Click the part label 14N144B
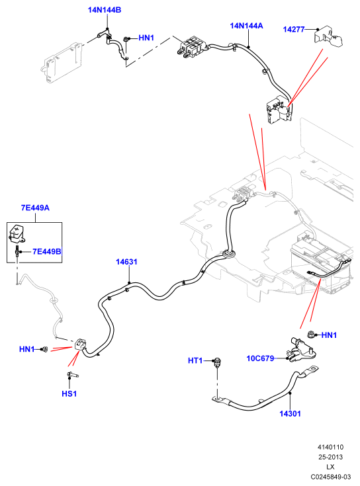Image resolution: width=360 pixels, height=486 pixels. (x=105, y=10)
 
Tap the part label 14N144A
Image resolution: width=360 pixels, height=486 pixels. (x=246, y=26)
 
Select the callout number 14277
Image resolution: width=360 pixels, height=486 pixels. (x=294, y=30)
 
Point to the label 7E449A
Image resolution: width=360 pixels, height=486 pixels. (x=35, y=208)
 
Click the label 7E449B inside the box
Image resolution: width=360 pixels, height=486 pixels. (x=47, y=251)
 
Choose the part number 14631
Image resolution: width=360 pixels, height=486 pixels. (x=126, y=262)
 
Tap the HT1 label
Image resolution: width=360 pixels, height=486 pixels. (x=195, y=360)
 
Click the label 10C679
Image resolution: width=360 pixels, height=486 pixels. (x=260, y=358)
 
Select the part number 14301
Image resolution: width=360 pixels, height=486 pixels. (x=290, y=413)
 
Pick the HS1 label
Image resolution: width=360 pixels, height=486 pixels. (x=69, y=393)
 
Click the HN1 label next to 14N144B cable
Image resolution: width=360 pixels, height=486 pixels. (x=146, y=38)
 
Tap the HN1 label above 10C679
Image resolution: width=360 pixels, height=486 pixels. (x=329, y=335)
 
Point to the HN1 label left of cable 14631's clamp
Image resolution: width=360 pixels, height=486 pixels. (x=26, y=349)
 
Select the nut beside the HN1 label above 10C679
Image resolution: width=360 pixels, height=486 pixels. (x=311, y=335)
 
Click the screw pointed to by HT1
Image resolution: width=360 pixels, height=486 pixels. (x=217, y=362)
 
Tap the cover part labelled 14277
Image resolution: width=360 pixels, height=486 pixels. (x=328, y=36)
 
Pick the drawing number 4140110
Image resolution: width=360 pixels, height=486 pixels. (x=330, y=447)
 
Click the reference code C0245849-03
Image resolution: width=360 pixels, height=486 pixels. (x=330, y=477)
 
